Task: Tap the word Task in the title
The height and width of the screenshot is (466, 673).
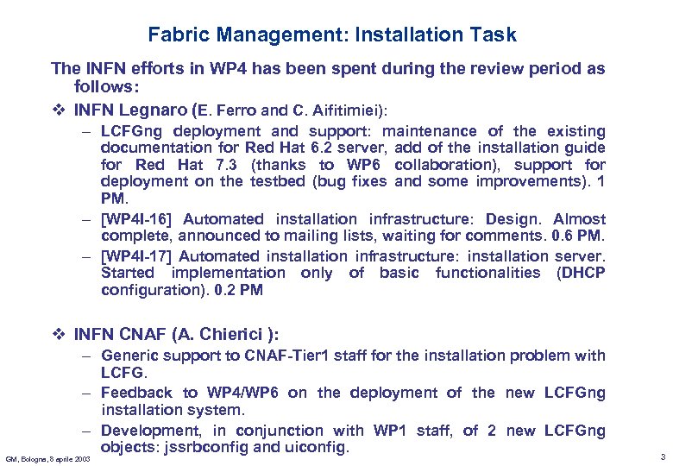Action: [x=496, y=35]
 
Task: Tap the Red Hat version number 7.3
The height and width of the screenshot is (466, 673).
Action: [x=227, y=165]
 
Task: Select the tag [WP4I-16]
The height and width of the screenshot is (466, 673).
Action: [x=138, y=219]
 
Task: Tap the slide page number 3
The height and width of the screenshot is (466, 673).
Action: [x=661, y=456]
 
